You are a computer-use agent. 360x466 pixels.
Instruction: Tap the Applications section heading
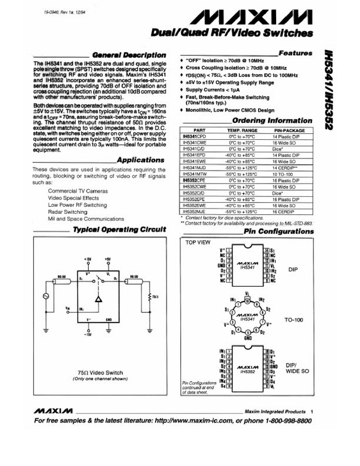[140, 160]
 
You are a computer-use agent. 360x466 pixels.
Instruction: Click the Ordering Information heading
[272, 121]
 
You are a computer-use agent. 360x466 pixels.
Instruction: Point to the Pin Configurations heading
[278, 231]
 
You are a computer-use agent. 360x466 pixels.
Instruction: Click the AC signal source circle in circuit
[45, 296]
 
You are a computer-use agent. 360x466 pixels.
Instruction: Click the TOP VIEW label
[197, 242]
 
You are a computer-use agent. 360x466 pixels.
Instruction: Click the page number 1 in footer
[311, 411]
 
